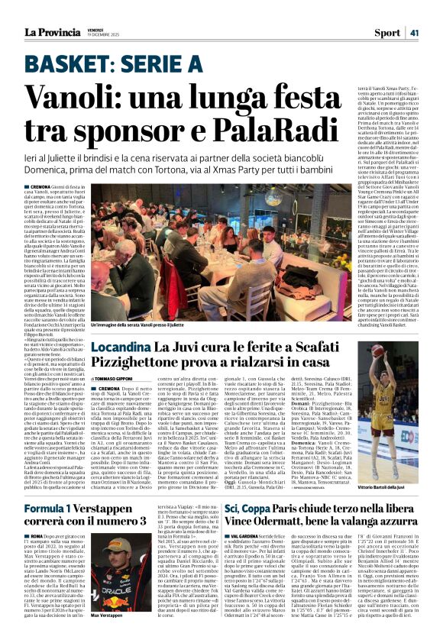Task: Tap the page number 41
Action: point(414,32)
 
